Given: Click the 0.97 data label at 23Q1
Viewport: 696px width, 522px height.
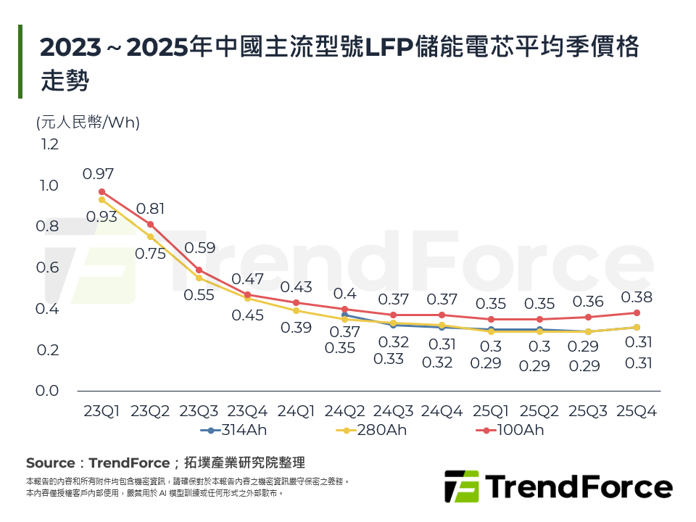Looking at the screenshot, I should [x=98, y=174].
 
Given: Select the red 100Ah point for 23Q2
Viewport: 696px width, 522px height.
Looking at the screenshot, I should [x=151, y=225].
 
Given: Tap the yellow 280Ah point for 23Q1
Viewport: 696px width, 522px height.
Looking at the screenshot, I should [x=102, y=199].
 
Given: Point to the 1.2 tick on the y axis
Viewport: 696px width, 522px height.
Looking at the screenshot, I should [x=49, y=144].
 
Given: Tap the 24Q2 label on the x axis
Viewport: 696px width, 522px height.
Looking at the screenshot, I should [x=344, y=411].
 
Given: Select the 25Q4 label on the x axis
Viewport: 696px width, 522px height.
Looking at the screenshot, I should [x=636, y=411].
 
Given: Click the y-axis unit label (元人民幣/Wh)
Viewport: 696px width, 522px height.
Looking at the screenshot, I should [x=88, y=123].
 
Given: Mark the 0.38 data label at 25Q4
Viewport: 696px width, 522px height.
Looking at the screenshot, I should [x=636, y=297].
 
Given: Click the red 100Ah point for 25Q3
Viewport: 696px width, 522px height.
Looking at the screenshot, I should [x=588, y=317].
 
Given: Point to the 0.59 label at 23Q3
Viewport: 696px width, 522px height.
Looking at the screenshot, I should [x=199, y=248].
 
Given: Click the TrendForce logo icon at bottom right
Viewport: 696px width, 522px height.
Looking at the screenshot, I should [x=462, y=486].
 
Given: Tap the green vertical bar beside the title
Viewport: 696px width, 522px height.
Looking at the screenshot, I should [x=20, y=62].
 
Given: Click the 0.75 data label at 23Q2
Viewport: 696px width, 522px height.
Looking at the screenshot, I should [x=150, y=254].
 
